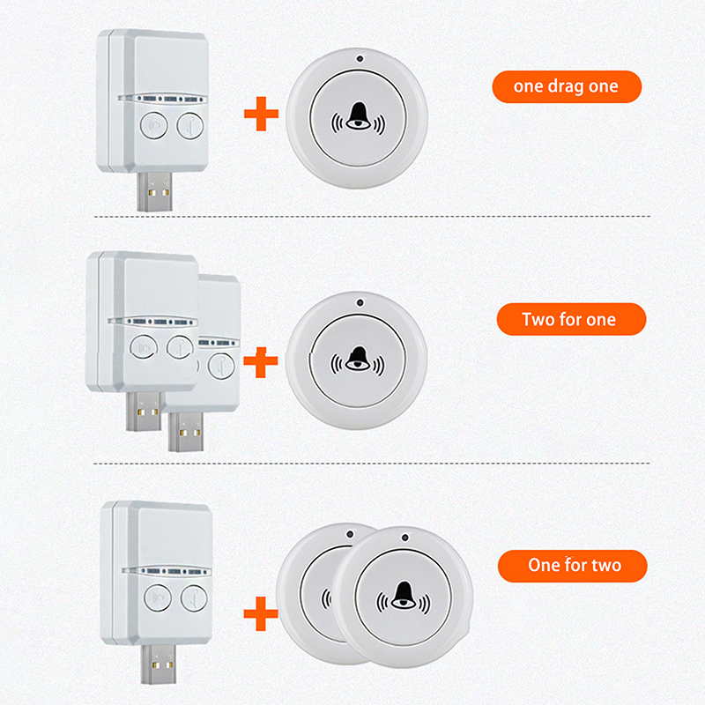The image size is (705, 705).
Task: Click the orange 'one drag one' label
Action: (x=567, y=86)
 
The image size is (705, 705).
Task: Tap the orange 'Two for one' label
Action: (x=571, y=319)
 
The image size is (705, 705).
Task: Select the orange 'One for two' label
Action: (x=572, y=566)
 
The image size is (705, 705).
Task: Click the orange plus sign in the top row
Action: (x=261, y=114)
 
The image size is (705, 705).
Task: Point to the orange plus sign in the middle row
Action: (x=261, y=361)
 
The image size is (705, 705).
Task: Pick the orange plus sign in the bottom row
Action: (x=261, y=613)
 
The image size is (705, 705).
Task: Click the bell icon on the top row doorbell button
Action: (x=359, y=118)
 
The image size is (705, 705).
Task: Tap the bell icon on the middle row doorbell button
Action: (x=358, y=360)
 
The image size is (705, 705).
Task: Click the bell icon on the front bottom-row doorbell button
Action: (x=404, y=597)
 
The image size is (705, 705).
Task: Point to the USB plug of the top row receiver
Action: (x=155, y=191)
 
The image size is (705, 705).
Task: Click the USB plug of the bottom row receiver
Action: (x=159, y=664)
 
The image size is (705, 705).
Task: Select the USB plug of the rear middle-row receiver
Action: (x=185, y=432)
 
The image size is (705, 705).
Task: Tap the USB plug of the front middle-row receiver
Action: (x=144, y=412)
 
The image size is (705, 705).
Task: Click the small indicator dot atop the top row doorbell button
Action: (x=360, y=58)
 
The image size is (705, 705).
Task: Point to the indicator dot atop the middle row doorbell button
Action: (x=360, y=302)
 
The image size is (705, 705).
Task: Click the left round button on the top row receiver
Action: (x=153, y=125)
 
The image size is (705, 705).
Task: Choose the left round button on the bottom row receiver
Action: (x=158, y=597)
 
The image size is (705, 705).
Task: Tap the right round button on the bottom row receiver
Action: (x=194, y=598)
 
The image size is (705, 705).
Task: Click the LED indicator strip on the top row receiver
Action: (x=163, y=99)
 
